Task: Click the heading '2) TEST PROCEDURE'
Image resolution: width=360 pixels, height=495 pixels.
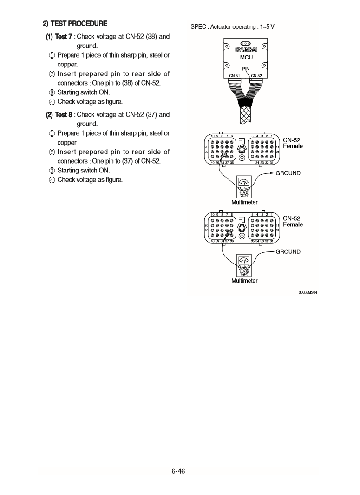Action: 75,23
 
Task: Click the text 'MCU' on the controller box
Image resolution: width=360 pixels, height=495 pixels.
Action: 246,58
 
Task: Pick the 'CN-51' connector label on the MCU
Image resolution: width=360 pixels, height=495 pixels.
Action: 235,76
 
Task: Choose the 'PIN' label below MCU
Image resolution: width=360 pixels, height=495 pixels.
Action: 246,69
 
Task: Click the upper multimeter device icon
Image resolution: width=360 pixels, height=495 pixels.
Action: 244,187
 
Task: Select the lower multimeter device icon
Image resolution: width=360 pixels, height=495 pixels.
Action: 244,265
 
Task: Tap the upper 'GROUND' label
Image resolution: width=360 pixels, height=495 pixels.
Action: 288,173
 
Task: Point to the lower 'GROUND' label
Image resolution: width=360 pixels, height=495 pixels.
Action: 288,251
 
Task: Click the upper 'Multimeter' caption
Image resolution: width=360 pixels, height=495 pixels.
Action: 244,202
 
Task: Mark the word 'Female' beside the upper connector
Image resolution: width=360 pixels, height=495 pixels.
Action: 293,146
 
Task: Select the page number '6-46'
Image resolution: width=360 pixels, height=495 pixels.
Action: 178,471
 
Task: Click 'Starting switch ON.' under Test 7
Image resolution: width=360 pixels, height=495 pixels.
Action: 84,92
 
